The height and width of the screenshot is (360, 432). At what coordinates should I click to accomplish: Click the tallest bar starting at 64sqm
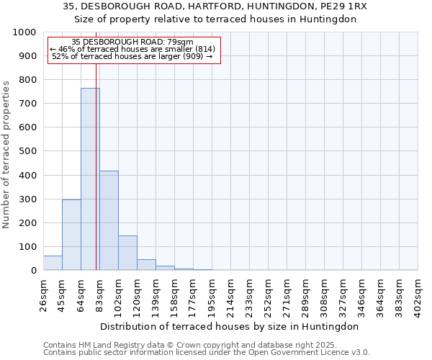(90, 179)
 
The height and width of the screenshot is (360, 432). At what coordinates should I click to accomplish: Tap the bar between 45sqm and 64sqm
(71, 235)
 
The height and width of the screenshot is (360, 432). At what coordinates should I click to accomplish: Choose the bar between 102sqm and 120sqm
(127, 253)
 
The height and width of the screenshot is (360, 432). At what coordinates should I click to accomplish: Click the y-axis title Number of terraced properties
(6, 154)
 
